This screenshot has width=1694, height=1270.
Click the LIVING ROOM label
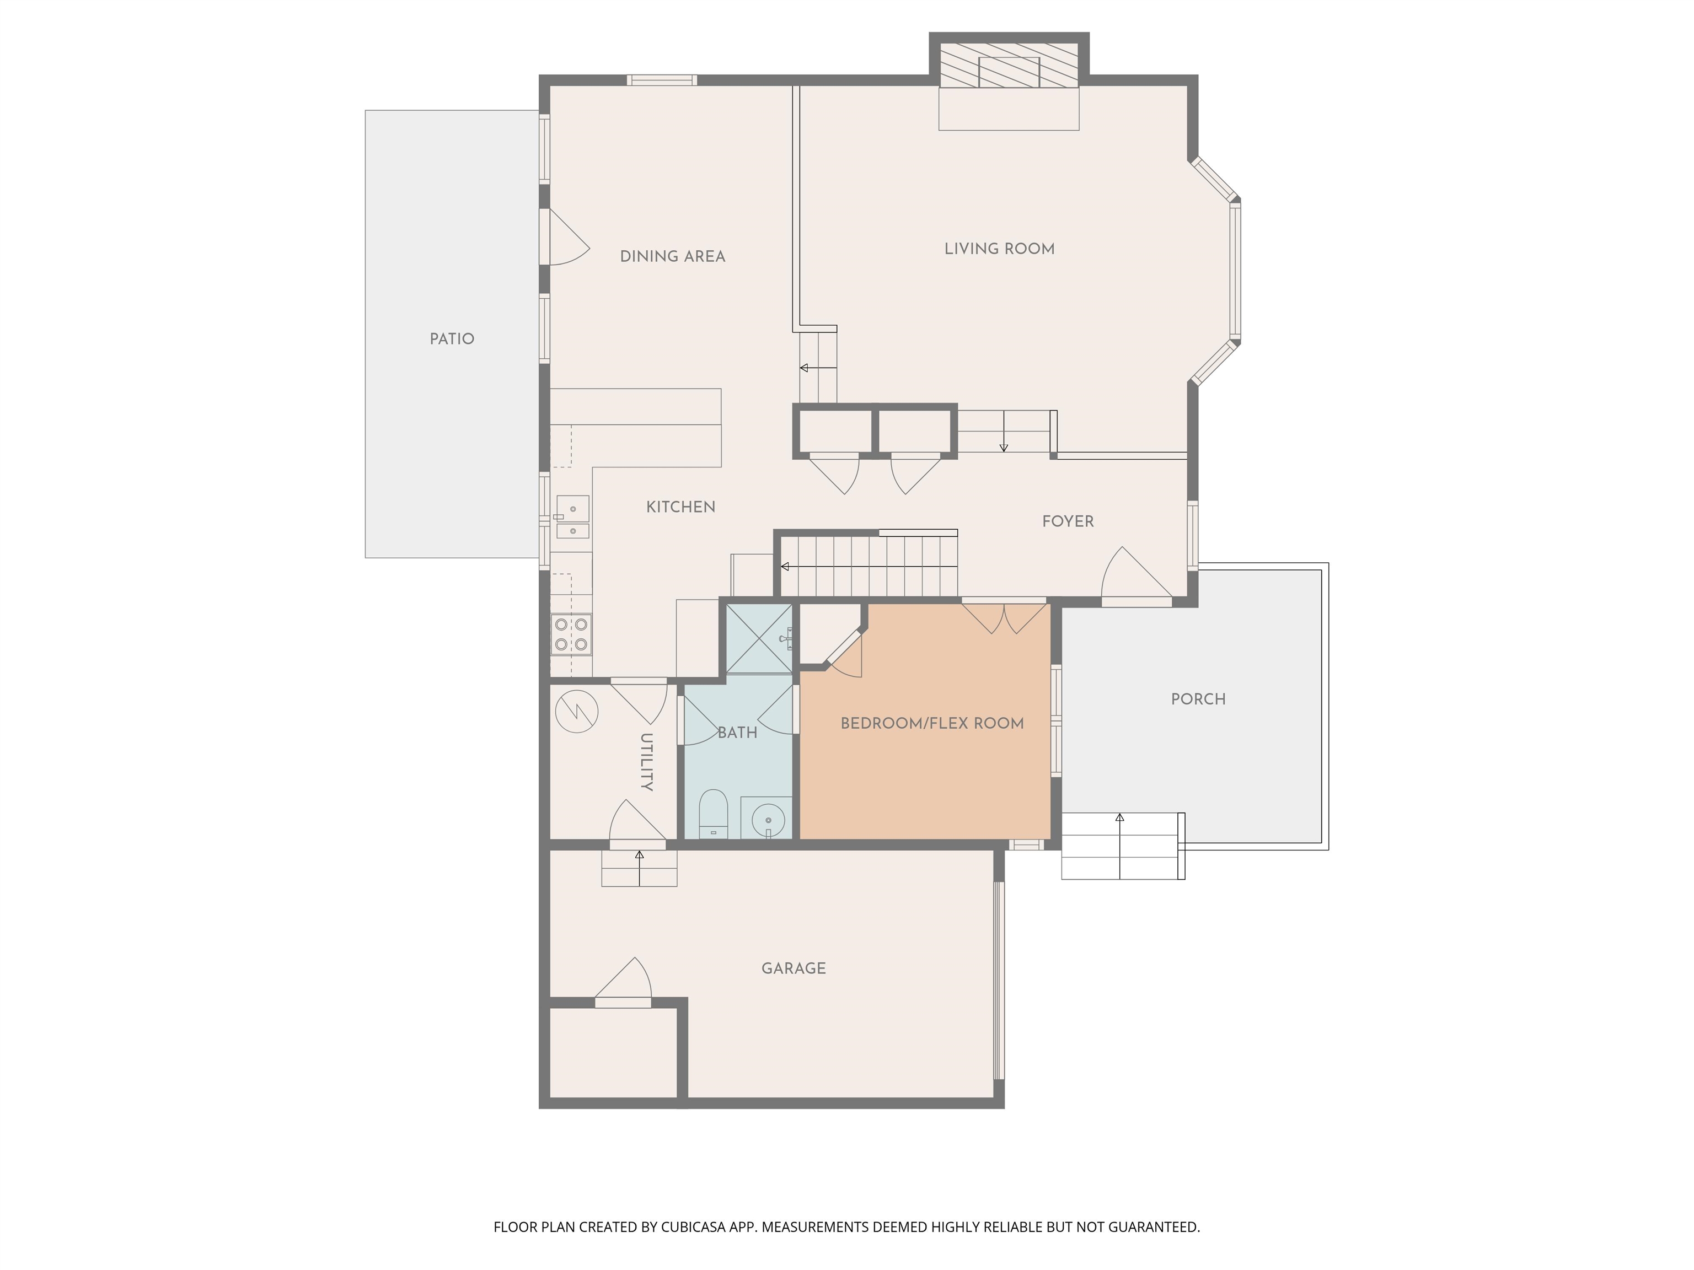click(999, 249)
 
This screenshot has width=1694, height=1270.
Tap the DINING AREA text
click(672, 256)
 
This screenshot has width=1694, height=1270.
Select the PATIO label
click(452, 339)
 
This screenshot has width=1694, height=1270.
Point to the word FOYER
click(1068, 521)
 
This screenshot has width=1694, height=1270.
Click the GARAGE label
click(794, 968)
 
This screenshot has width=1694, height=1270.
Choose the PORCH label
click(1198, 699)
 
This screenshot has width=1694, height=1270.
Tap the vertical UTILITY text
click(646, 762)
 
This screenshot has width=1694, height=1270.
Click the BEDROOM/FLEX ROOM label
click(932, 723)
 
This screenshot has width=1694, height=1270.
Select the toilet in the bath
click(713, 814)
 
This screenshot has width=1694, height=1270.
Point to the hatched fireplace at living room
click(1009, 64)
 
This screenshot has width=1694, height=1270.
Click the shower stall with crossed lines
click(759, 638)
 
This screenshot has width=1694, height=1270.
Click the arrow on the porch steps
click(1119, 819)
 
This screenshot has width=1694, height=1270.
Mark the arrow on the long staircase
click(786, 567)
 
